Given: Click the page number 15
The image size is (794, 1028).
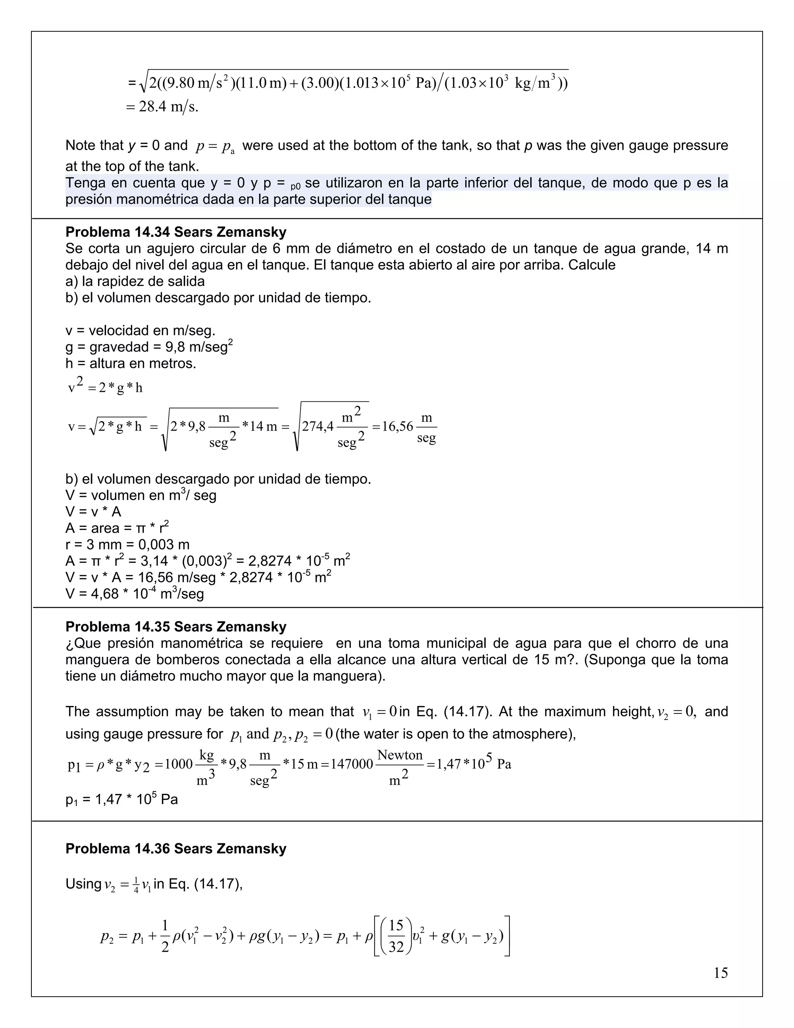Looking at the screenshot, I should tap(720, 973).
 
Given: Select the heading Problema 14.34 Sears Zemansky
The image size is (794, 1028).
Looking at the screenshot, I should tap(176, 232).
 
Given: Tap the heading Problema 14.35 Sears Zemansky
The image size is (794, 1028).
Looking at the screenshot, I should tap(176, 626).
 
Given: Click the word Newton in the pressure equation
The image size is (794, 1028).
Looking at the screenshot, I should tap(400, 755).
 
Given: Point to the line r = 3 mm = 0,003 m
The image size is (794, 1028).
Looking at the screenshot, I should tap(128, 545).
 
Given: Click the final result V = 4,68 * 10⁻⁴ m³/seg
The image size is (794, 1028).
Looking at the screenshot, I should tap(135, 594).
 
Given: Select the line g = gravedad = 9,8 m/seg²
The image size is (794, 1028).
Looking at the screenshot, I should tap(149, 347).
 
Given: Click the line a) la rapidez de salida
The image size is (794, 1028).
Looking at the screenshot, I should tap(135, 282).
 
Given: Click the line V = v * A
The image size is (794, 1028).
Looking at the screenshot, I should tap(93, 512).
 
